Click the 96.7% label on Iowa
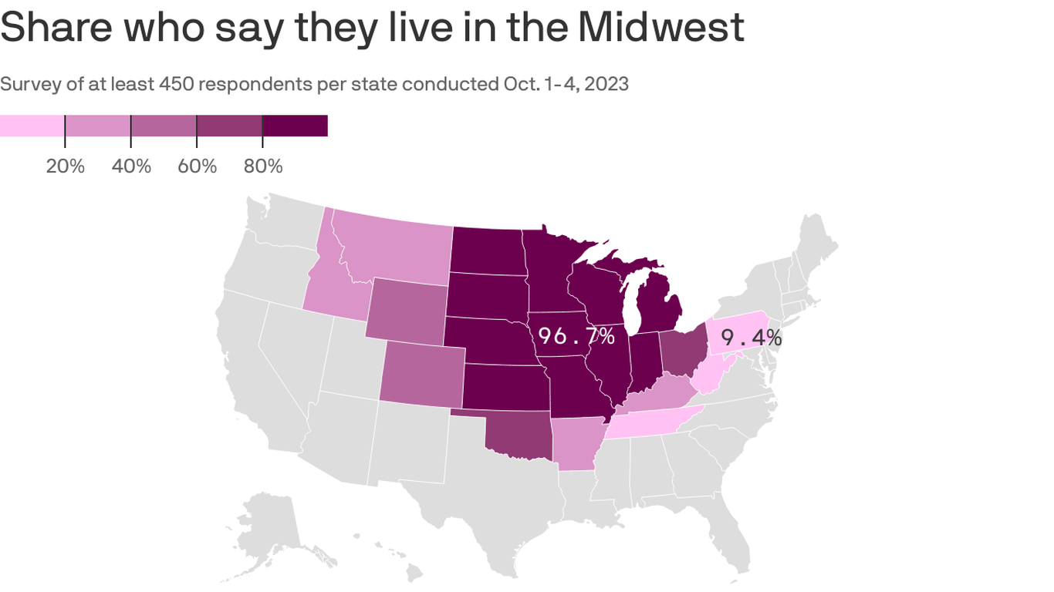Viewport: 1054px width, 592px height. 576,336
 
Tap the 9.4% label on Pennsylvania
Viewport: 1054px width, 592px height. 751,338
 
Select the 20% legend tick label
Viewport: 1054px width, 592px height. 66,166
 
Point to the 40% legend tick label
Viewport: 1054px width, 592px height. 131,166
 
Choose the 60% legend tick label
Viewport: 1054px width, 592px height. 198,166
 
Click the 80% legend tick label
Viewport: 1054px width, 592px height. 263,166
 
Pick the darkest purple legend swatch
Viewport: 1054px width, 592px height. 295,126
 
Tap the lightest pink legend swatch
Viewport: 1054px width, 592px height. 32,126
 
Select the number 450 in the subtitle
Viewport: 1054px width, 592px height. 176,84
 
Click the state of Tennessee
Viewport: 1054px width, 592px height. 648,423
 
